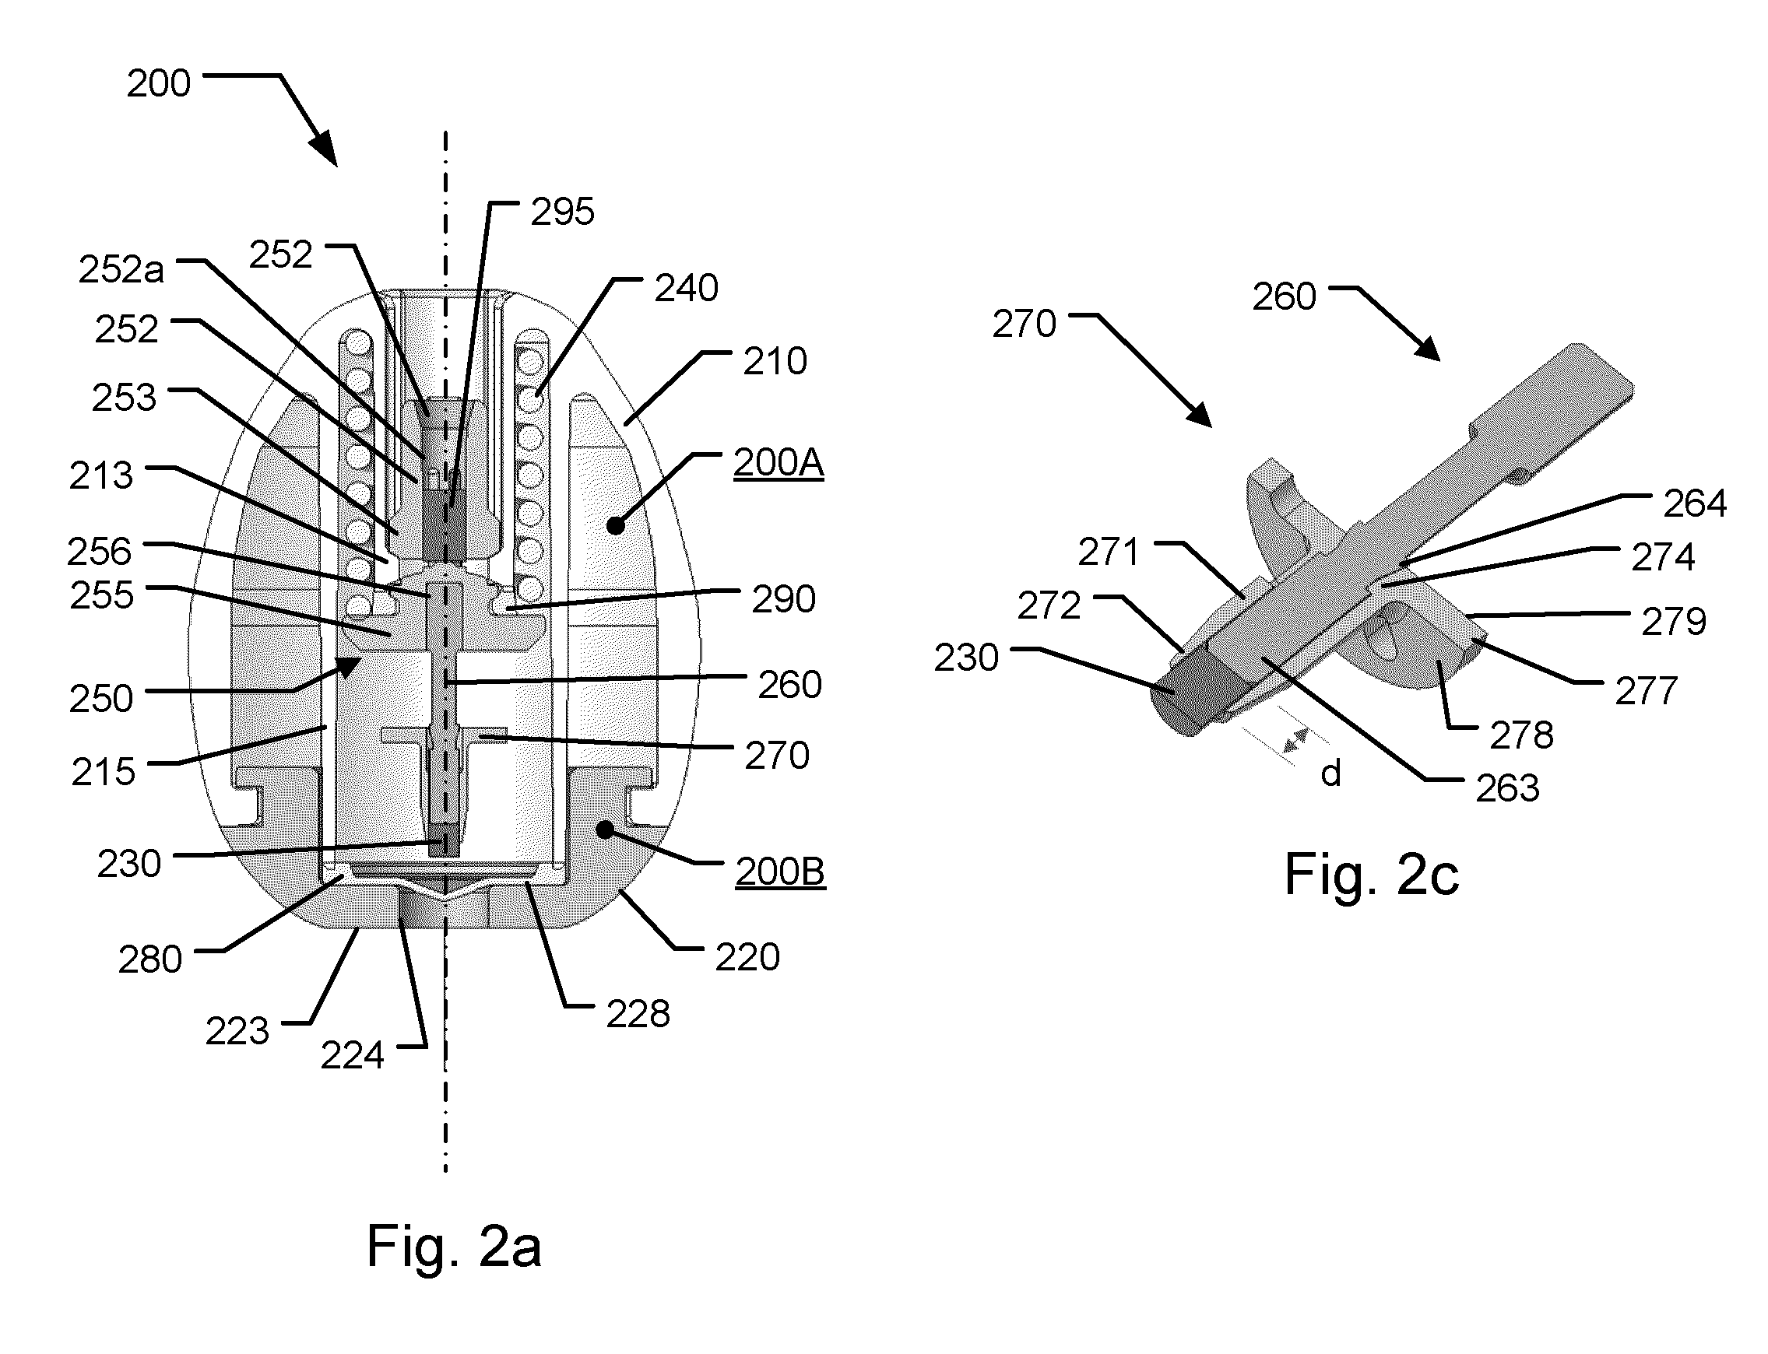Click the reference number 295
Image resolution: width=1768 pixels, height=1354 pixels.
click(x=562, y=212)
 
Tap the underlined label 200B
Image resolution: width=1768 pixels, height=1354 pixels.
click(x=779, y=872)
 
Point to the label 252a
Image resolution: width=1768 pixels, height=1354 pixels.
click(x=121, y=269)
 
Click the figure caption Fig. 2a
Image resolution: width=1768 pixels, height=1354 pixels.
click(x=453, y=1246)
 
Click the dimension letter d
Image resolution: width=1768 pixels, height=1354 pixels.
click(x=1330, y=773)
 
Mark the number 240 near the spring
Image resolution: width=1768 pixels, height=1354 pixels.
click(x=686, y=288)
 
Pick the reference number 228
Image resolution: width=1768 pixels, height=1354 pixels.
click(x=638, y=1014)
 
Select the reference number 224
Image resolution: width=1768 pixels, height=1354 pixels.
click(x=353, y=1056)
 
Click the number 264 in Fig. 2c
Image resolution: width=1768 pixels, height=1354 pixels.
click(x=1696, y=503)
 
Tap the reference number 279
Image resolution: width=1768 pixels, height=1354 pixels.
click(x=1674, y=622)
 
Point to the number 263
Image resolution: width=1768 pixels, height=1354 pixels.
click(x=1508, y=788)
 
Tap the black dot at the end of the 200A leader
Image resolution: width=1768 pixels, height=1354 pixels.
click(x=616, y=526)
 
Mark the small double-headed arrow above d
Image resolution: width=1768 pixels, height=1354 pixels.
click(x=1295, y=740)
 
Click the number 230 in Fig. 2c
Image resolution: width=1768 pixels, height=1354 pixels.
click(x=966, y=658)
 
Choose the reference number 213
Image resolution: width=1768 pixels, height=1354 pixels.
click(x=100, y=475)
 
